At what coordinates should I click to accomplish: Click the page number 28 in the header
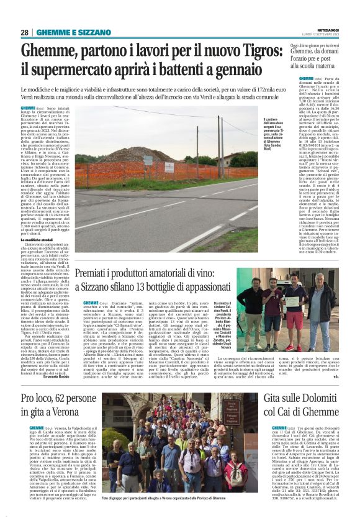(x=25, y=32)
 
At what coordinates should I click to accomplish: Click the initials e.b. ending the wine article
(x=353, y=376)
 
